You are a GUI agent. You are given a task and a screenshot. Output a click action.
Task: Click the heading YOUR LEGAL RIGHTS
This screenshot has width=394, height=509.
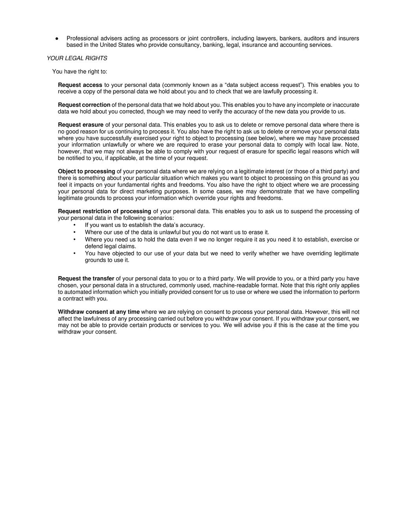point(77,58)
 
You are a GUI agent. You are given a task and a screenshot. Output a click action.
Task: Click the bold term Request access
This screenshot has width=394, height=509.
point(80,85)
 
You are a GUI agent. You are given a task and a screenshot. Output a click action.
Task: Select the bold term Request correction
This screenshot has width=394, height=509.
point(84,105)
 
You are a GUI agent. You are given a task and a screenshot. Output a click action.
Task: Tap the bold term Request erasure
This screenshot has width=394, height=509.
point(80,125)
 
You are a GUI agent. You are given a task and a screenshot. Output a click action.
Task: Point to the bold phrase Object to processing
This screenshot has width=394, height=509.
point(86,172)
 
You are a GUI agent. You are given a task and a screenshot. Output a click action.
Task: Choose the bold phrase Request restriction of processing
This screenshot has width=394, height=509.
point(104,211)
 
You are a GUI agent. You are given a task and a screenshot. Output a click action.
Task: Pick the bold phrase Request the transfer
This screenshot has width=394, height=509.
point(86,278)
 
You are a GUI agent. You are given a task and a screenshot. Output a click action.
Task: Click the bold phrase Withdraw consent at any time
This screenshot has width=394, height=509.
point(98,312)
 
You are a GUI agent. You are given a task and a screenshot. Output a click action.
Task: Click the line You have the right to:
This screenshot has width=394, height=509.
point(80,72)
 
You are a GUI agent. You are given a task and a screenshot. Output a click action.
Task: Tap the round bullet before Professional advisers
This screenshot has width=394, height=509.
point(57,39)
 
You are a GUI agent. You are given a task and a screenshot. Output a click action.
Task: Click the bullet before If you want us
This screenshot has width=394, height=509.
point(74,225)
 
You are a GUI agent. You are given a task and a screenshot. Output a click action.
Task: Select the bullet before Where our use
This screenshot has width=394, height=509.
point(74,232)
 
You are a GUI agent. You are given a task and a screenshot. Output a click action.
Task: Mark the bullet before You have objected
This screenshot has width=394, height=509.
point(74,253)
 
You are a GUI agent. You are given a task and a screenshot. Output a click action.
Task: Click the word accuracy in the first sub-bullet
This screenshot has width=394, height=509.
point(192,225)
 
